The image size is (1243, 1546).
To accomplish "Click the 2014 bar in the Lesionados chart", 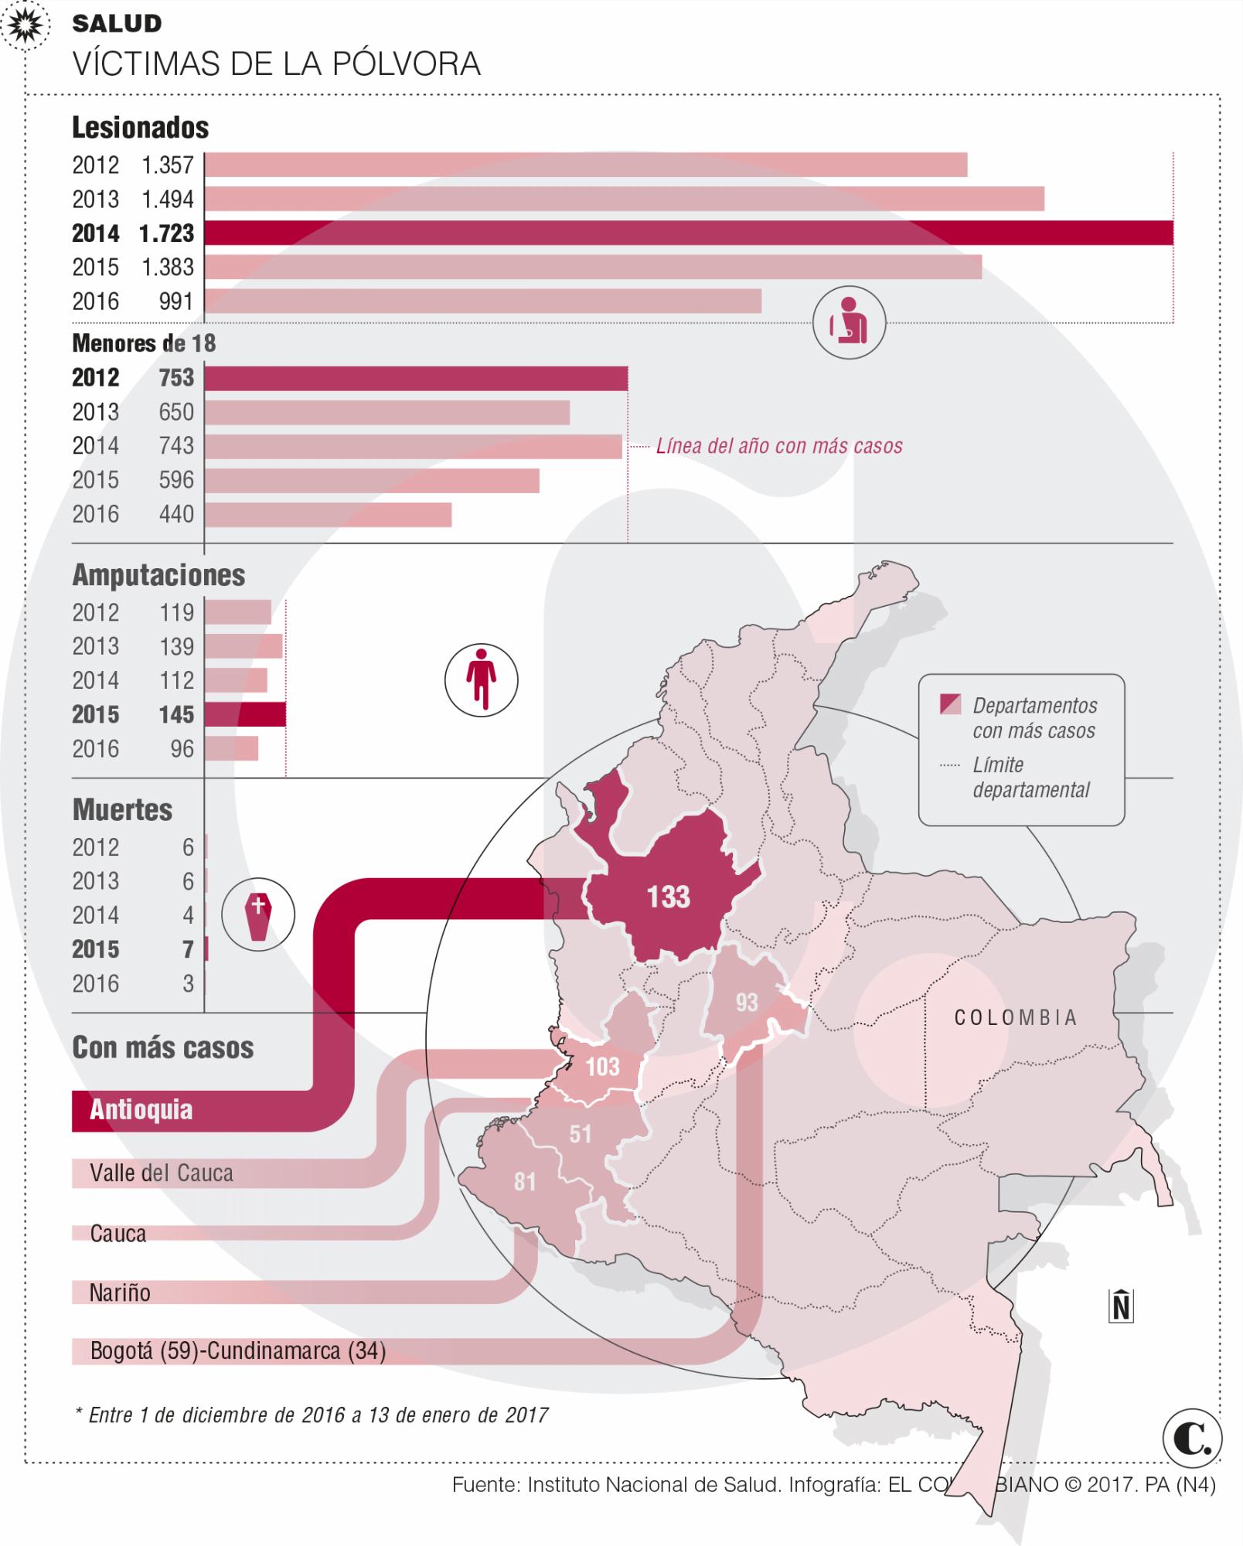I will coord(688,233).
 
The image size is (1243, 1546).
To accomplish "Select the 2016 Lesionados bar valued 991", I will coord(482,301).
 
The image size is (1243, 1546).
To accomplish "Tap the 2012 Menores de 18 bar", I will coord(416,378).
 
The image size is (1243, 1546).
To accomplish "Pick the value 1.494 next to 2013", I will coord(167,199).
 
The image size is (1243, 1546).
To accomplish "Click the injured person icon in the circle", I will coord(849,322).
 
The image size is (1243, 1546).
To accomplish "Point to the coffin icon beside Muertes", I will coord(258,915).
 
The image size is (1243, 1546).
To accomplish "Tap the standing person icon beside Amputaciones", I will coord(481,680).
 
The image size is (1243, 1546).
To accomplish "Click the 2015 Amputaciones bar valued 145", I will coord(245,714).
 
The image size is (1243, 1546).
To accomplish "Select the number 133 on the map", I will coord(668,897).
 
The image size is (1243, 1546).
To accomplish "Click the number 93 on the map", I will coord(747,1003).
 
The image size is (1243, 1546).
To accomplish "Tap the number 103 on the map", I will coord(602,1067).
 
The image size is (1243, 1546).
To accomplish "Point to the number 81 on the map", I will coord(525,1181).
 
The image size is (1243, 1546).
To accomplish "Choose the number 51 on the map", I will coord(580,1133).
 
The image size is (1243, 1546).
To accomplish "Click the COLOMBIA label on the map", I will coord(1016,1017).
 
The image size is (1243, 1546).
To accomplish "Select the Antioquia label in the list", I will coord(141,1110).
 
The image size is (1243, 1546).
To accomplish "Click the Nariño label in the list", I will coord(120,1292).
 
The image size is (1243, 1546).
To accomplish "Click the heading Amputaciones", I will coord(158,575).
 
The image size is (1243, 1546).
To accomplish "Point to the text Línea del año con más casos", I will coord(779,446).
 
